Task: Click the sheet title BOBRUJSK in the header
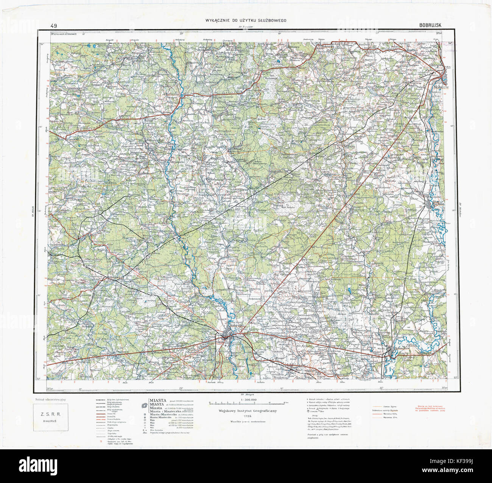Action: tap(433, 25)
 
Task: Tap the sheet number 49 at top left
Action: tap(53, 26)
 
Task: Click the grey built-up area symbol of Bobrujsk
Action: tap(227, 335)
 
